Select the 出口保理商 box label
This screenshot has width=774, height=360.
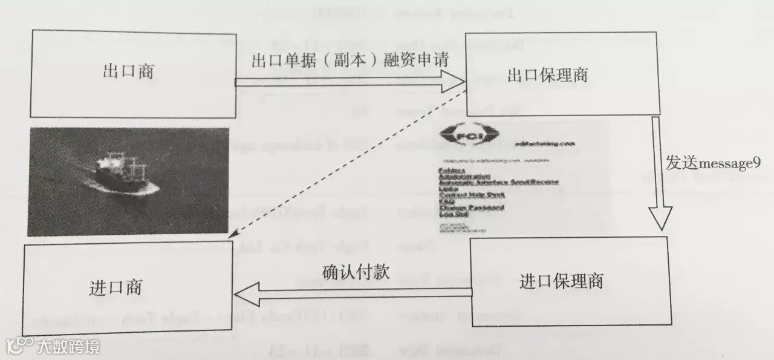pos(548,76)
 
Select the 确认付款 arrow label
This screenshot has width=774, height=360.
pos(356,272)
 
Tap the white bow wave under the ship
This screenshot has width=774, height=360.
pos(130,191)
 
